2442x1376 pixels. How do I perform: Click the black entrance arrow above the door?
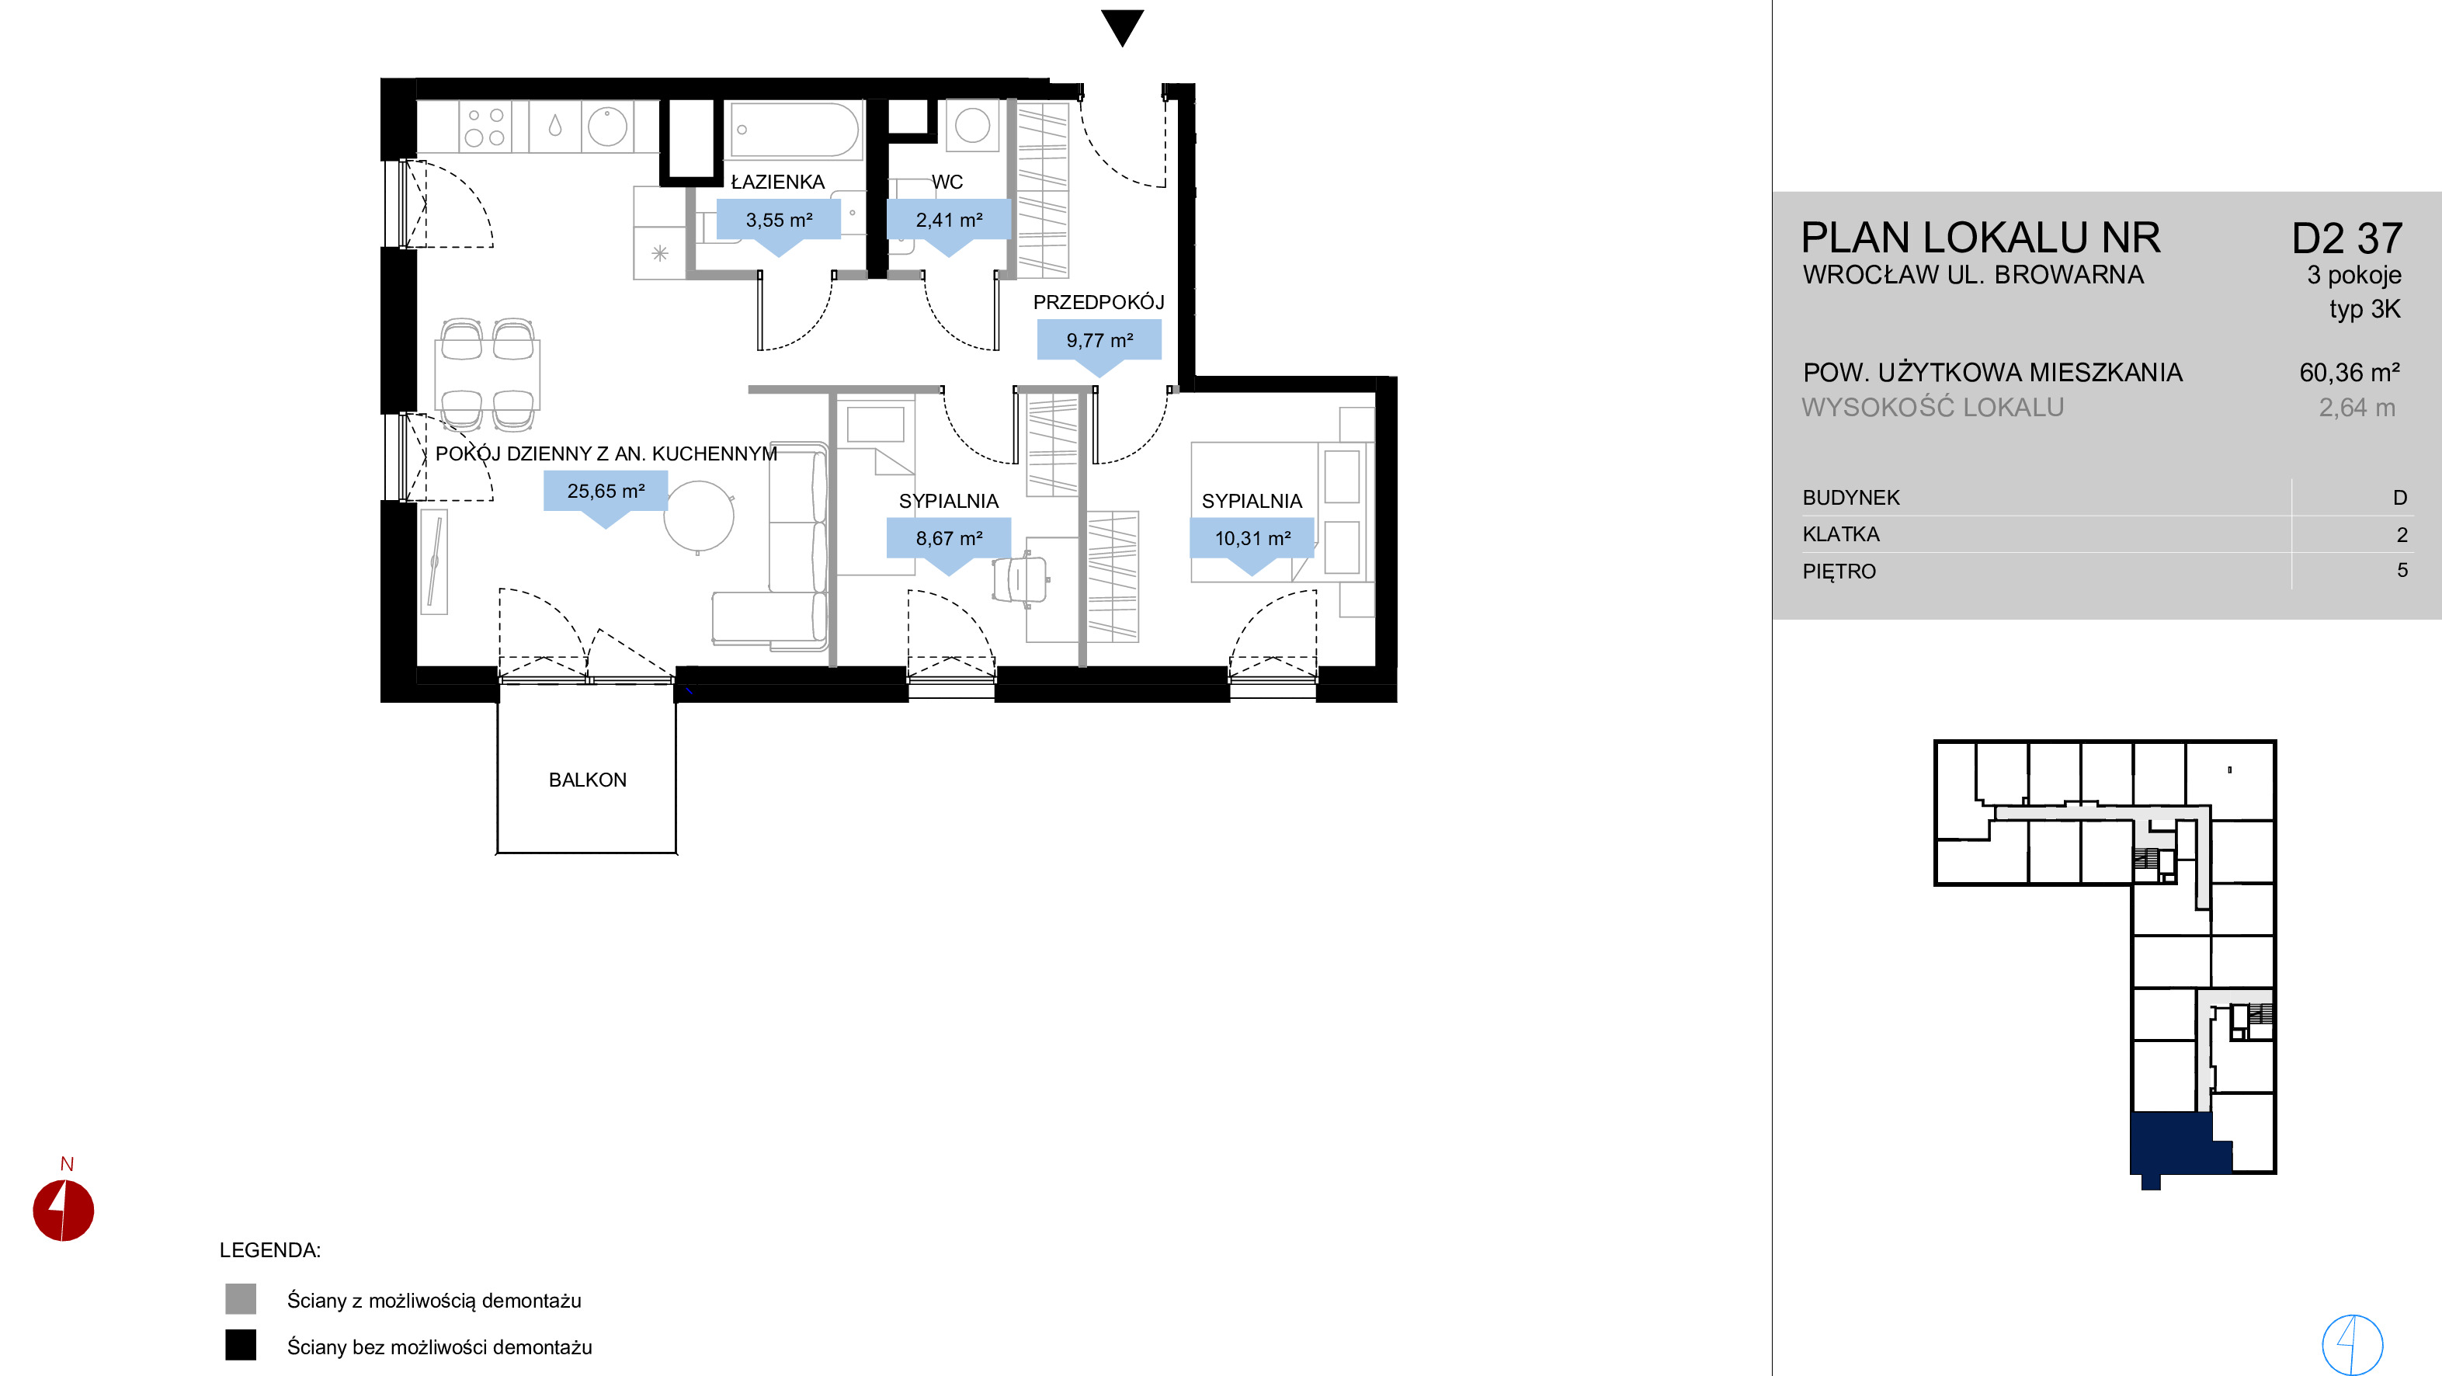pyautogui.click(x=1123, y=26)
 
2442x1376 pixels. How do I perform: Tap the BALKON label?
pyautogui.click(x=588, y=780)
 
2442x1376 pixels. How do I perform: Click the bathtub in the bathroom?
pyautogui.click(x=794, y=130)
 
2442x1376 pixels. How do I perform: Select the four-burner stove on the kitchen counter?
pyautogui.click(x=485, y=127)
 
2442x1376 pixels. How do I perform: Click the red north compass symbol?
pyautogui.click(x=64, y=1209)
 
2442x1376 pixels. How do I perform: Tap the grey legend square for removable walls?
pyautogui.click(x=241, y=1298)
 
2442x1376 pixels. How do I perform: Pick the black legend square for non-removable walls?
pyautogui.click(x=241, y=1345)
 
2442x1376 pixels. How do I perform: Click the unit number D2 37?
pyautogui.click(x=2346, y=238)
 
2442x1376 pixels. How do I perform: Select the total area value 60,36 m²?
pyautogui.click(x=2349, y=373)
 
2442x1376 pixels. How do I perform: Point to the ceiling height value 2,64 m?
pyautogui.click(x=2357, y=408)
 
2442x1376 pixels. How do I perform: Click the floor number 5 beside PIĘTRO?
pyautogui.click(x=2402, y=570)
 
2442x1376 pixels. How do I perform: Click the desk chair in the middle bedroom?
pyautogui.click(x=1020, y=580)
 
